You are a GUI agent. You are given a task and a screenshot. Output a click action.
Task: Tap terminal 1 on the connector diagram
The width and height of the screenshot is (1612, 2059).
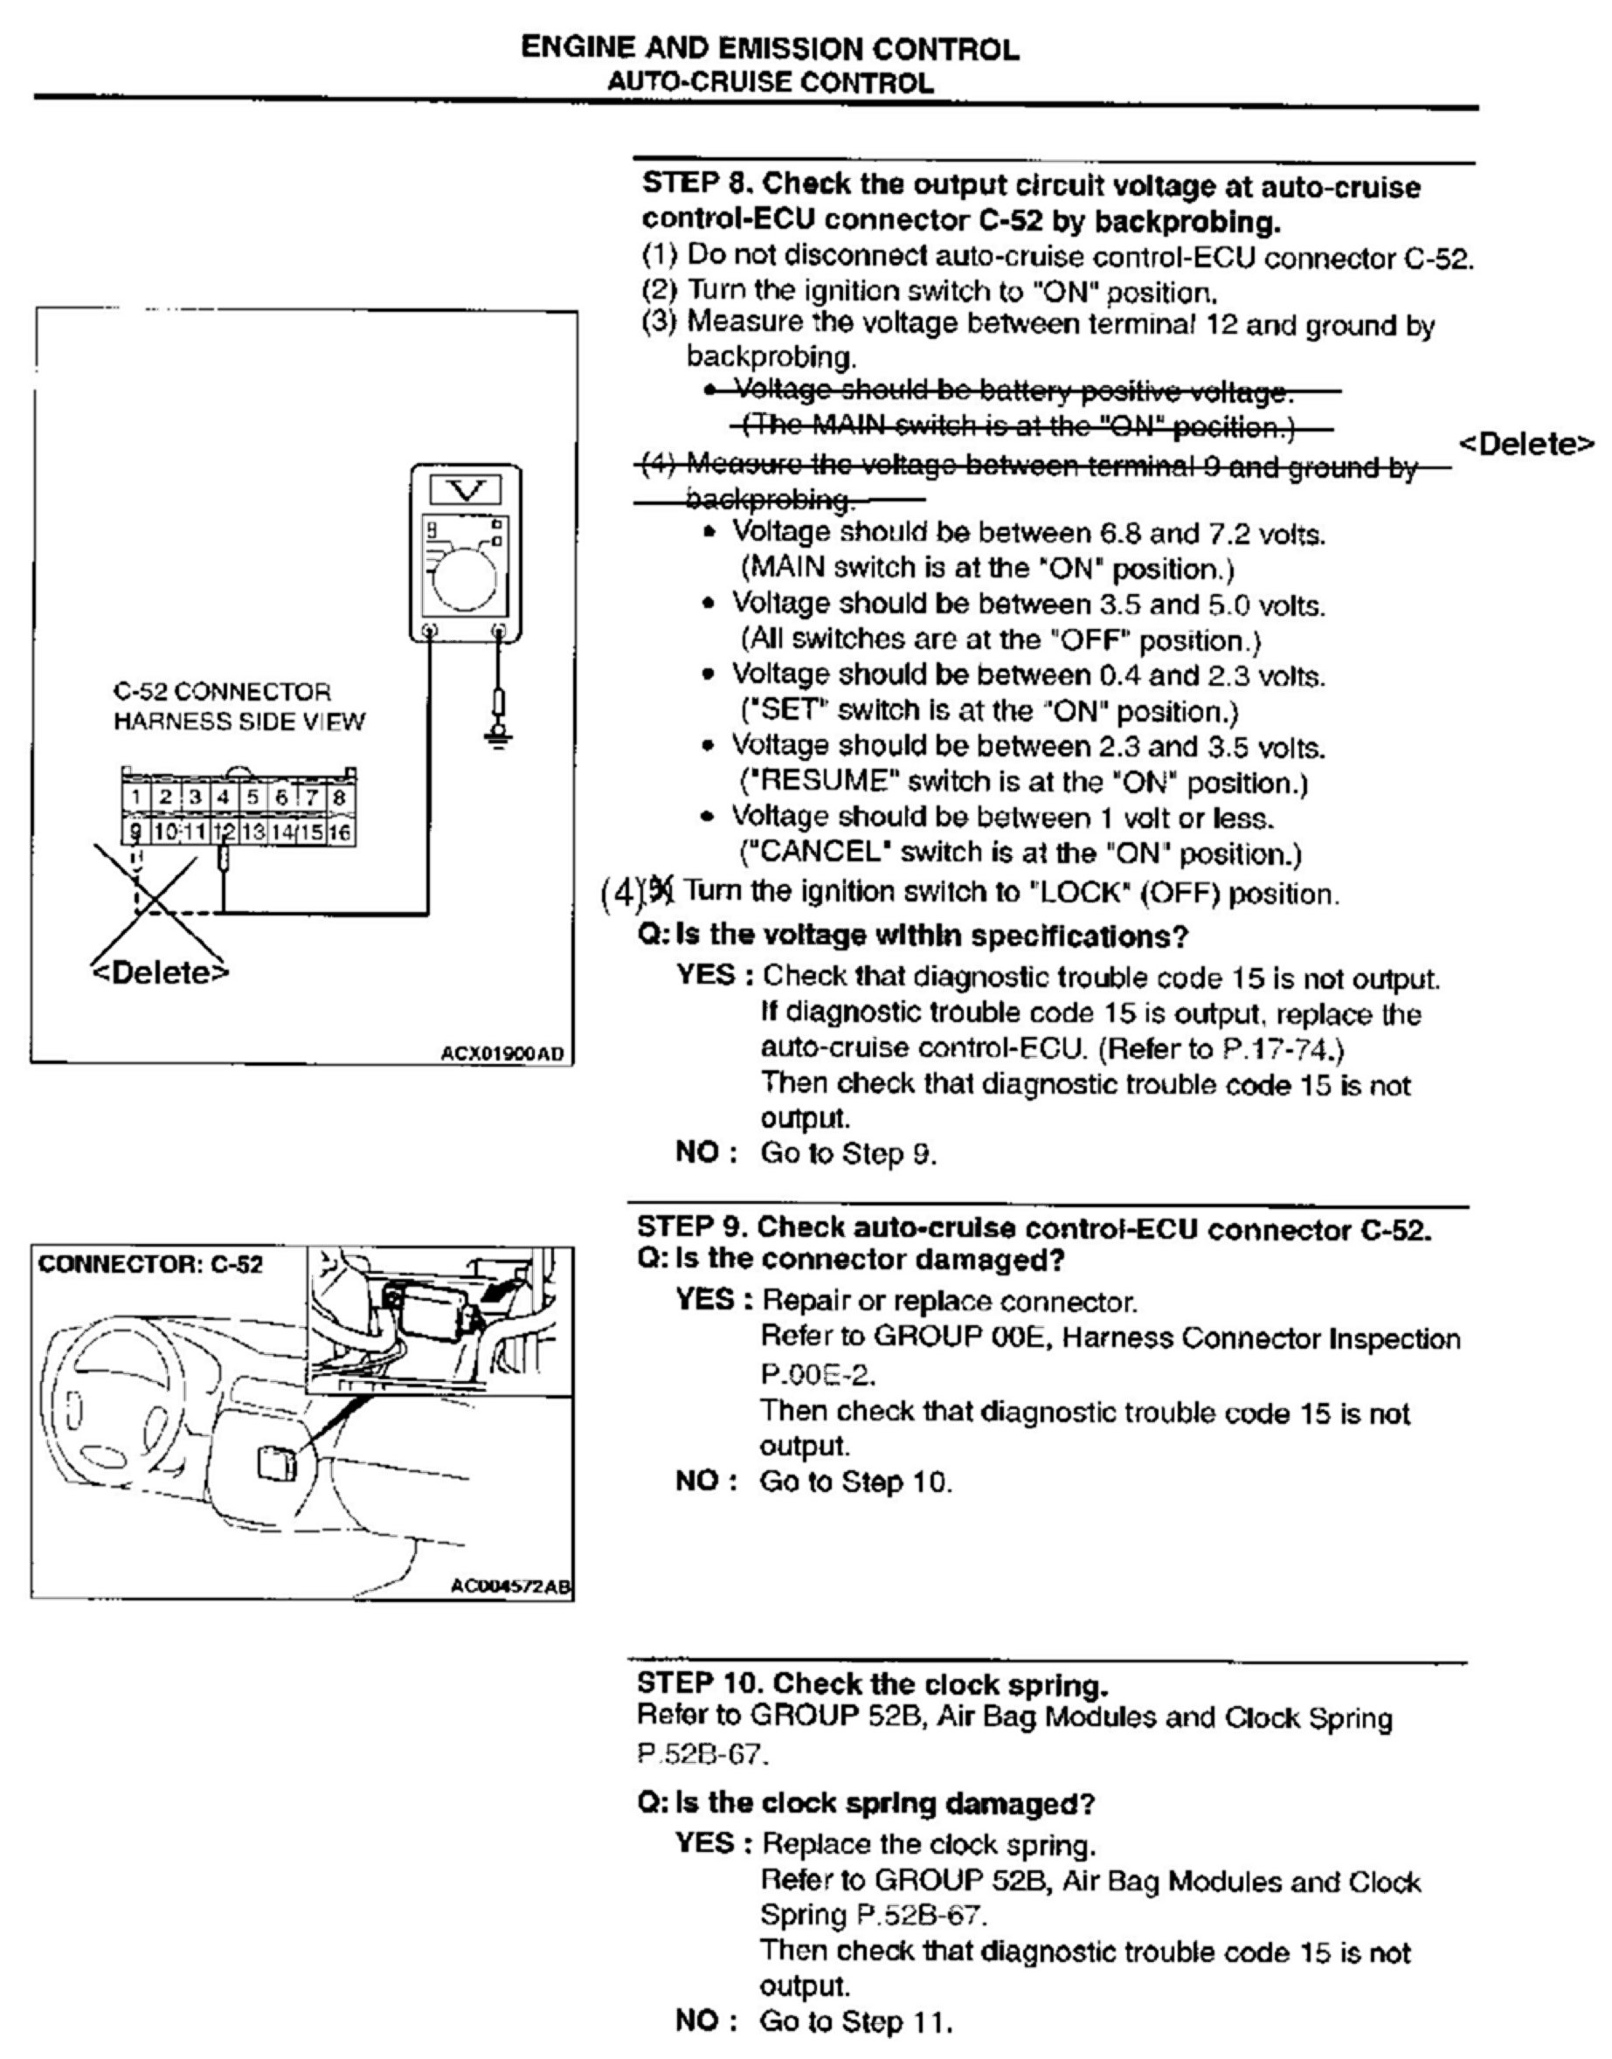point(136,798)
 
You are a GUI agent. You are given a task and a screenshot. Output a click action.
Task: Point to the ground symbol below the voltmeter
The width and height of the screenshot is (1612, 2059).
point(498,733)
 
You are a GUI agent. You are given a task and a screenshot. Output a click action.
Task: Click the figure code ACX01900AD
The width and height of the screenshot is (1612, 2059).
point(507,1054)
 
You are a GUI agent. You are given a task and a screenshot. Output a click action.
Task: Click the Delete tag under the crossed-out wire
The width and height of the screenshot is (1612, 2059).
point(161,972)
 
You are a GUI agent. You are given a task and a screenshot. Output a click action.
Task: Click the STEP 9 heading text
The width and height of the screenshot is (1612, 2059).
point(1034,1228)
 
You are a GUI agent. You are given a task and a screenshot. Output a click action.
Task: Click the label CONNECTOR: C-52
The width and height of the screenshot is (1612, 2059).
point(151,1264)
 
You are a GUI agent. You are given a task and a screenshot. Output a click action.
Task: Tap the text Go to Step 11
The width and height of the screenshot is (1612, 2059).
point(856,2021)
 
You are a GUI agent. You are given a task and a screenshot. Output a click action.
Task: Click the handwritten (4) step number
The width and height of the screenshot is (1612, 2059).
point(620,892)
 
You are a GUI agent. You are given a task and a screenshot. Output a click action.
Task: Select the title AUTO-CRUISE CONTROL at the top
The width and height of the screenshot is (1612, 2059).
point(770,82)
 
